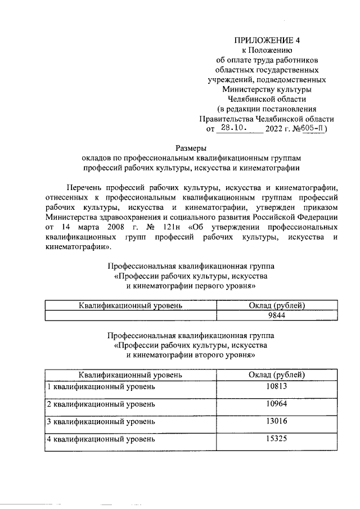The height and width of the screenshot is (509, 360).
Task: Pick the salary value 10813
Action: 277,387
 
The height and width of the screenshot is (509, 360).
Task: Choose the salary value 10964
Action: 277,404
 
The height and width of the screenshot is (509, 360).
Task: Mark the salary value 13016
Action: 277,421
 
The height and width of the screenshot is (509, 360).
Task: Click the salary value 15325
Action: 277,438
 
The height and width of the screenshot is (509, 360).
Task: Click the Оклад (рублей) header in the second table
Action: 277,374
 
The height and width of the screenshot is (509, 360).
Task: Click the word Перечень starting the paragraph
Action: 84,187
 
